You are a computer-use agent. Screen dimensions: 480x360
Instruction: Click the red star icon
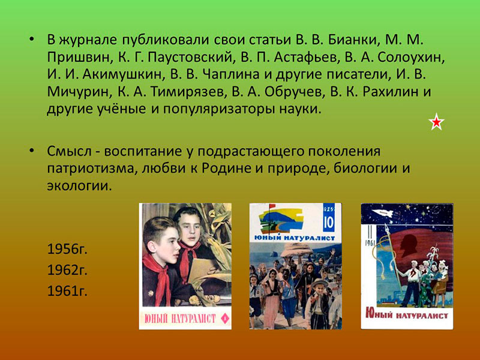436,122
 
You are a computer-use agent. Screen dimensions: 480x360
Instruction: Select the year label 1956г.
67,249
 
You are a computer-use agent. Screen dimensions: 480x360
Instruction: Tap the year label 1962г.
67,270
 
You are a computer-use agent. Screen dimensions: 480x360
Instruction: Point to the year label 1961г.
67,291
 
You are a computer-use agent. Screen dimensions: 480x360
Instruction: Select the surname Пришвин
79,57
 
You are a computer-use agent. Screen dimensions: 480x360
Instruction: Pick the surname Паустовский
190,57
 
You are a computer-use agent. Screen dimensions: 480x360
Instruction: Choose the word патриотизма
91,169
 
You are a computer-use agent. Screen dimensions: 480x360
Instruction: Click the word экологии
79,186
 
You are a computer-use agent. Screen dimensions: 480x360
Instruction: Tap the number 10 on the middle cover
328,223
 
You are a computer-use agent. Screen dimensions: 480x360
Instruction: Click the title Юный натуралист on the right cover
407,314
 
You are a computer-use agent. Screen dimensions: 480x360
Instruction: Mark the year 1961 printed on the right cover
370,243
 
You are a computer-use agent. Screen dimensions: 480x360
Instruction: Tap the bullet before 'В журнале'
31,40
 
